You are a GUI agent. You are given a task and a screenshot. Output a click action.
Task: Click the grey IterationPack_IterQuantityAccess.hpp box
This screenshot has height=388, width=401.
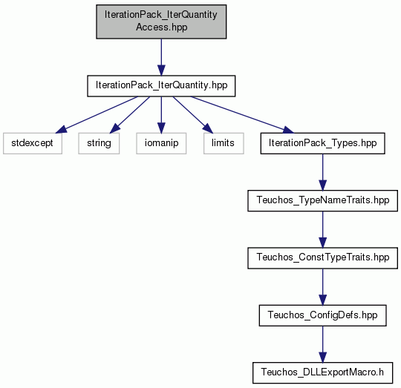161,22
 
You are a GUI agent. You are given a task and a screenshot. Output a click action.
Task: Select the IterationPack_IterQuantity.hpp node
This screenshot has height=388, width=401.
161,86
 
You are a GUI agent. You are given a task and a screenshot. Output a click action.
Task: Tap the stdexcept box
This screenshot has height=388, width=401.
33,143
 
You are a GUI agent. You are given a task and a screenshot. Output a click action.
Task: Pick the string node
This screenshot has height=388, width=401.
99,143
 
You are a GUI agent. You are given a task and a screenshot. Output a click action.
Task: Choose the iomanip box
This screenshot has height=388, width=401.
161,143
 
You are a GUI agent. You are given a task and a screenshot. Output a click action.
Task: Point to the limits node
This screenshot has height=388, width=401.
224,143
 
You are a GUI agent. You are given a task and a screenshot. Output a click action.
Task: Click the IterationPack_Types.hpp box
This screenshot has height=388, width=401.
322,143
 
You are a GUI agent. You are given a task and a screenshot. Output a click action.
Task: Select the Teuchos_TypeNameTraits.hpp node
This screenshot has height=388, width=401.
322,200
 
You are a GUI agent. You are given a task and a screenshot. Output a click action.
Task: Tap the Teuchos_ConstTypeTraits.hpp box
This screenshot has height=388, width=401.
322,258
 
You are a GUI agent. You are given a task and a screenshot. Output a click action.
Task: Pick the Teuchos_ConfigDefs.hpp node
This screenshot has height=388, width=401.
322,315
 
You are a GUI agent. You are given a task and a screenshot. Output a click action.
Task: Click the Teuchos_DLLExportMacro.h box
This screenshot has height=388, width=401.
322,372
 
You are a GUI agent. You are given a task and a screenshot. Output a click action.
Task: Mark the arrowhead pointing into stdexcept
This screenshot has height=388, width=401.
61,130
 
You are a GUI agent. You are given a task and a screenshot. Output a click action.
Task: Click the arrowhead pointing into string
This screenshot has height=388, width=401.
114,128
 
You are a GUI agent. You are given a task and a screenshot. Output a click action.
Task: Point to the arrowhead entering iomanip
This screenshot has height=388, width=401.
161,128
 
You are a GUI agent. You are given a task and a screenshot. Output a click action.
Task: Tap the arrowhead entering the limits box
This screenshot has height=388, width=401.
209,128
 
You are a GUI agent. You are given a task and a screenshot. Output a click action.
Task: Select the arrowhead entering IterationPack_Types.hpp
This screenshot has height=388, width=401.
288,130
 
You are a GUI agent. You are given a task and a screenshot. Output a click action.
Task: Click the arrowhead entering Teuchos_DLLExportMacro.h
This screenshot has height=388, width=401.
322,357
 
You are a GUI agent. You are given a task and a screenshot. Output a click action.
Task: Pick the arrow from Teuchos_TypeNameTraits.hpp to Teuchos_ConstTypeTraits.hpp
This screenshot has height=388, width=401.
322,229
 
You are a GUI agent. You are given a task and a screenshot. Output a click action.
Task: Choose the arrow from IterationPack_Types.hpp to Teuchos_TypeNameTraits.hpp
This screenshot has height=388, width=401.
322,172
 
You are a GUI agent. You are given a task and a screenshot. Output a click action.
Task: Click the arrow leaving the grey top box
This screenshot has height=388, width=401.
161,57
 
